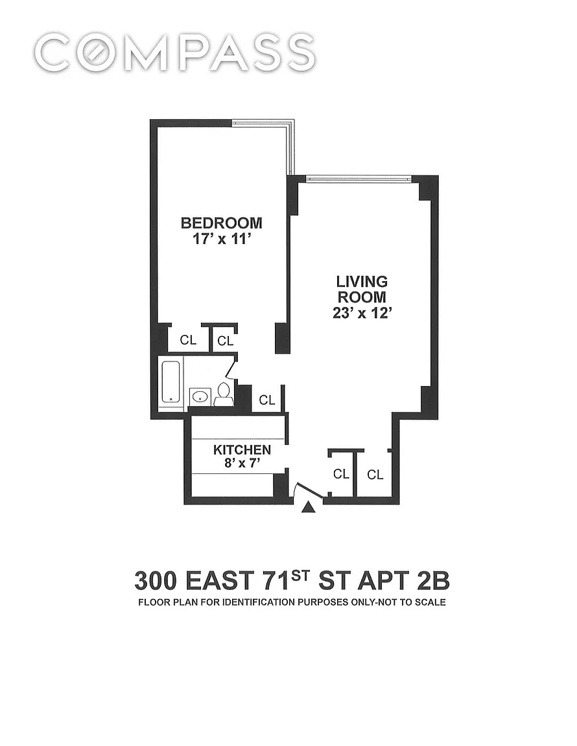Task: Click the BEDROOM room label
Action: click(x=221, y=223)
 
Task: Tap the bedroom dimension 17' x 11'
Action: click(x=222, y=239)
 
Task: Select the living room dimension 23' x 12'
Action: click(x=362, y=313)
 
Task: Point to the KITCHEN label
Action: click(x=242, y=449)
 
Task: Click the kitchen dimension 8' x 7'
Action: click(x=242, y=462)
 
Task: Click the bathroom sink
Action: click(x=200, y=396)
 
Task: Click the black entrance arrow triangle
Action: click(x=309, y=508)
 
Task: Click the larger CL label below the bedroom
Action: click(x=188, y=340)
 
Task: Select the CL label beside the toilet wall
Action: click(x=267, y=400)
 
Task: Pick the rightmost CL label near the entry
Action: click(x=375, y=474)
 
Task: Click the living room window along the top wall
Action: click(x=359, y=179)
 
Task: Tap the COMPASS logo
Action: click(x=174, y=52)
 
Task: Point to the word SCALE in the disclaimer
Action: click(x=430, y=602)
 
